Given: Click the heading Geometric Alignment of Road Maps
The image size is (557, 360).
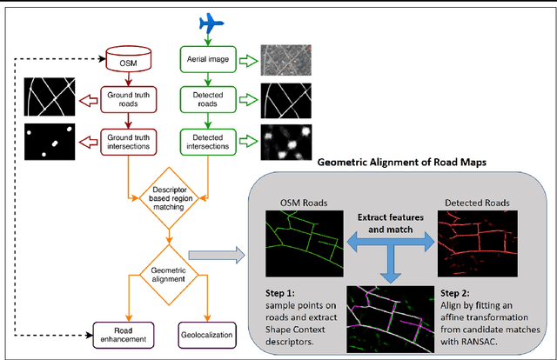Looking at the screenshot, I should (x=401, y=161).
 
